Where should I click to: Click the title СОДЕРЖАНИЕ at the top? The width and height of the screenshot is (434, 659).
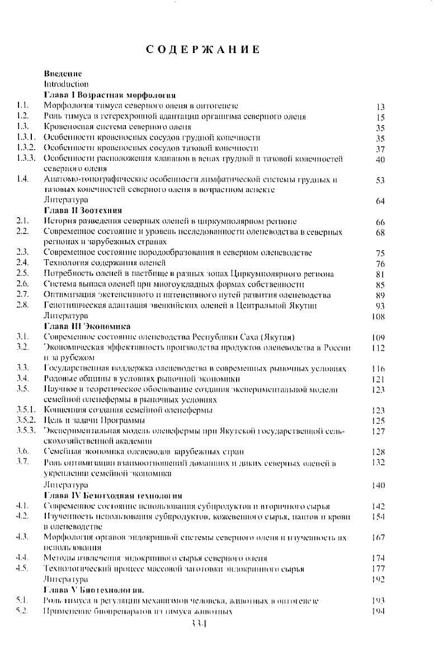point(204,49)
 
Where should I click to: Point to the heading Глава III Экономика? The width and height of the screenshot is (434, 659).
point(87,326)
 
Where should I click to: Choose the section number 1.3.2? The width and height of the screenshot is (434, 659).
point(26,147)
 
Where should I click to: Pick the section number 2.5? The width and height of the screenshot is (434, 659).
point(23,274)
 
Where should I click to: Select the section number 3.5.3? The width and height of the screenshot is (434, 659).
point(26,431)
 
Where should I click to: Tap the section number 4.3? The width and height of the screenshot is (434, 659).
point(23,537)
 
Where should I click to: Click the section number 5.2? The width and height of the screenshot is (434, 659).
point(23,611)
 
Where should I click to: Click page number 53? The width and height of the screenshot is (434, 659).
point(381,180)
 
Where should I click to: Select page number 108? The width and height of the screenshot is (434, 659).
point(379,316)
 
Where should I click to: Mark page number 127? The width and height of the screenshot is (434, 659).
point(379,432)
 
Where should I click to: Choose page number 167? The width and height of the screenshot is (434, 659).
point(379,537)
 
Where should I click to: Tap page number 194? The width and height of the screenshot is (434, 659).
point(379,611)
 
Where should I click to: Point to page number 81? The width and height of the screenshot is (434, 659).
point(381,274)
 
